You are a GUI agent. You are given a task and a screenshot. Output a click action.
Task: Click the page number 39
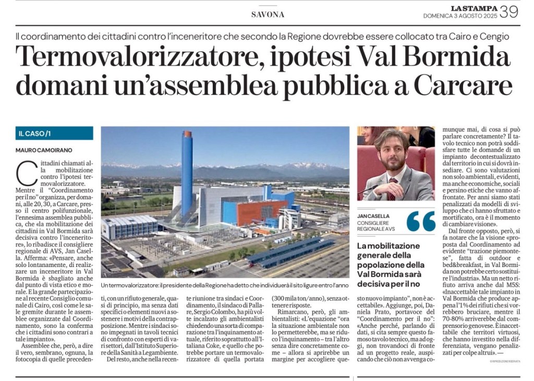point(509,11)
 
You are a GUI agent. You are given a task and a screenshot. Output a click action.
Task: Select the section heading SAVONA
point(268,15)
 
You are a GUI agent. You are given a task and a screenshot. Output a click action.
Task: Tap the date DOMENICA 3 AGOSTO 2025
point(459,16)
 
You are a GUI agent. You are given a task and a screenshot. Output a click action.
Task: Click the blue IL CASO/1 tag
point(54,133)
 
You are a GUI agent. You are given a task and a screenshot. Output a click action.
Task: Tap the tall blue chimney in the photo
point(187,172)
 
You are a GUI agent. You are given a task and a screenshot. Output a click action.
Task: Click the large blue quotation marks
point(421,221)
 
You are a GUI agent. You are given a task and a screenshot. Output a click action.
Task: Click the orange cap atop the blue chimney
point(187,134)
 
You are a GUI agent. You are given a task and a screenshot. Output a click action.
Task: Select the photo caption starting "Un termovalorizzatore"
point(225,286)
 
